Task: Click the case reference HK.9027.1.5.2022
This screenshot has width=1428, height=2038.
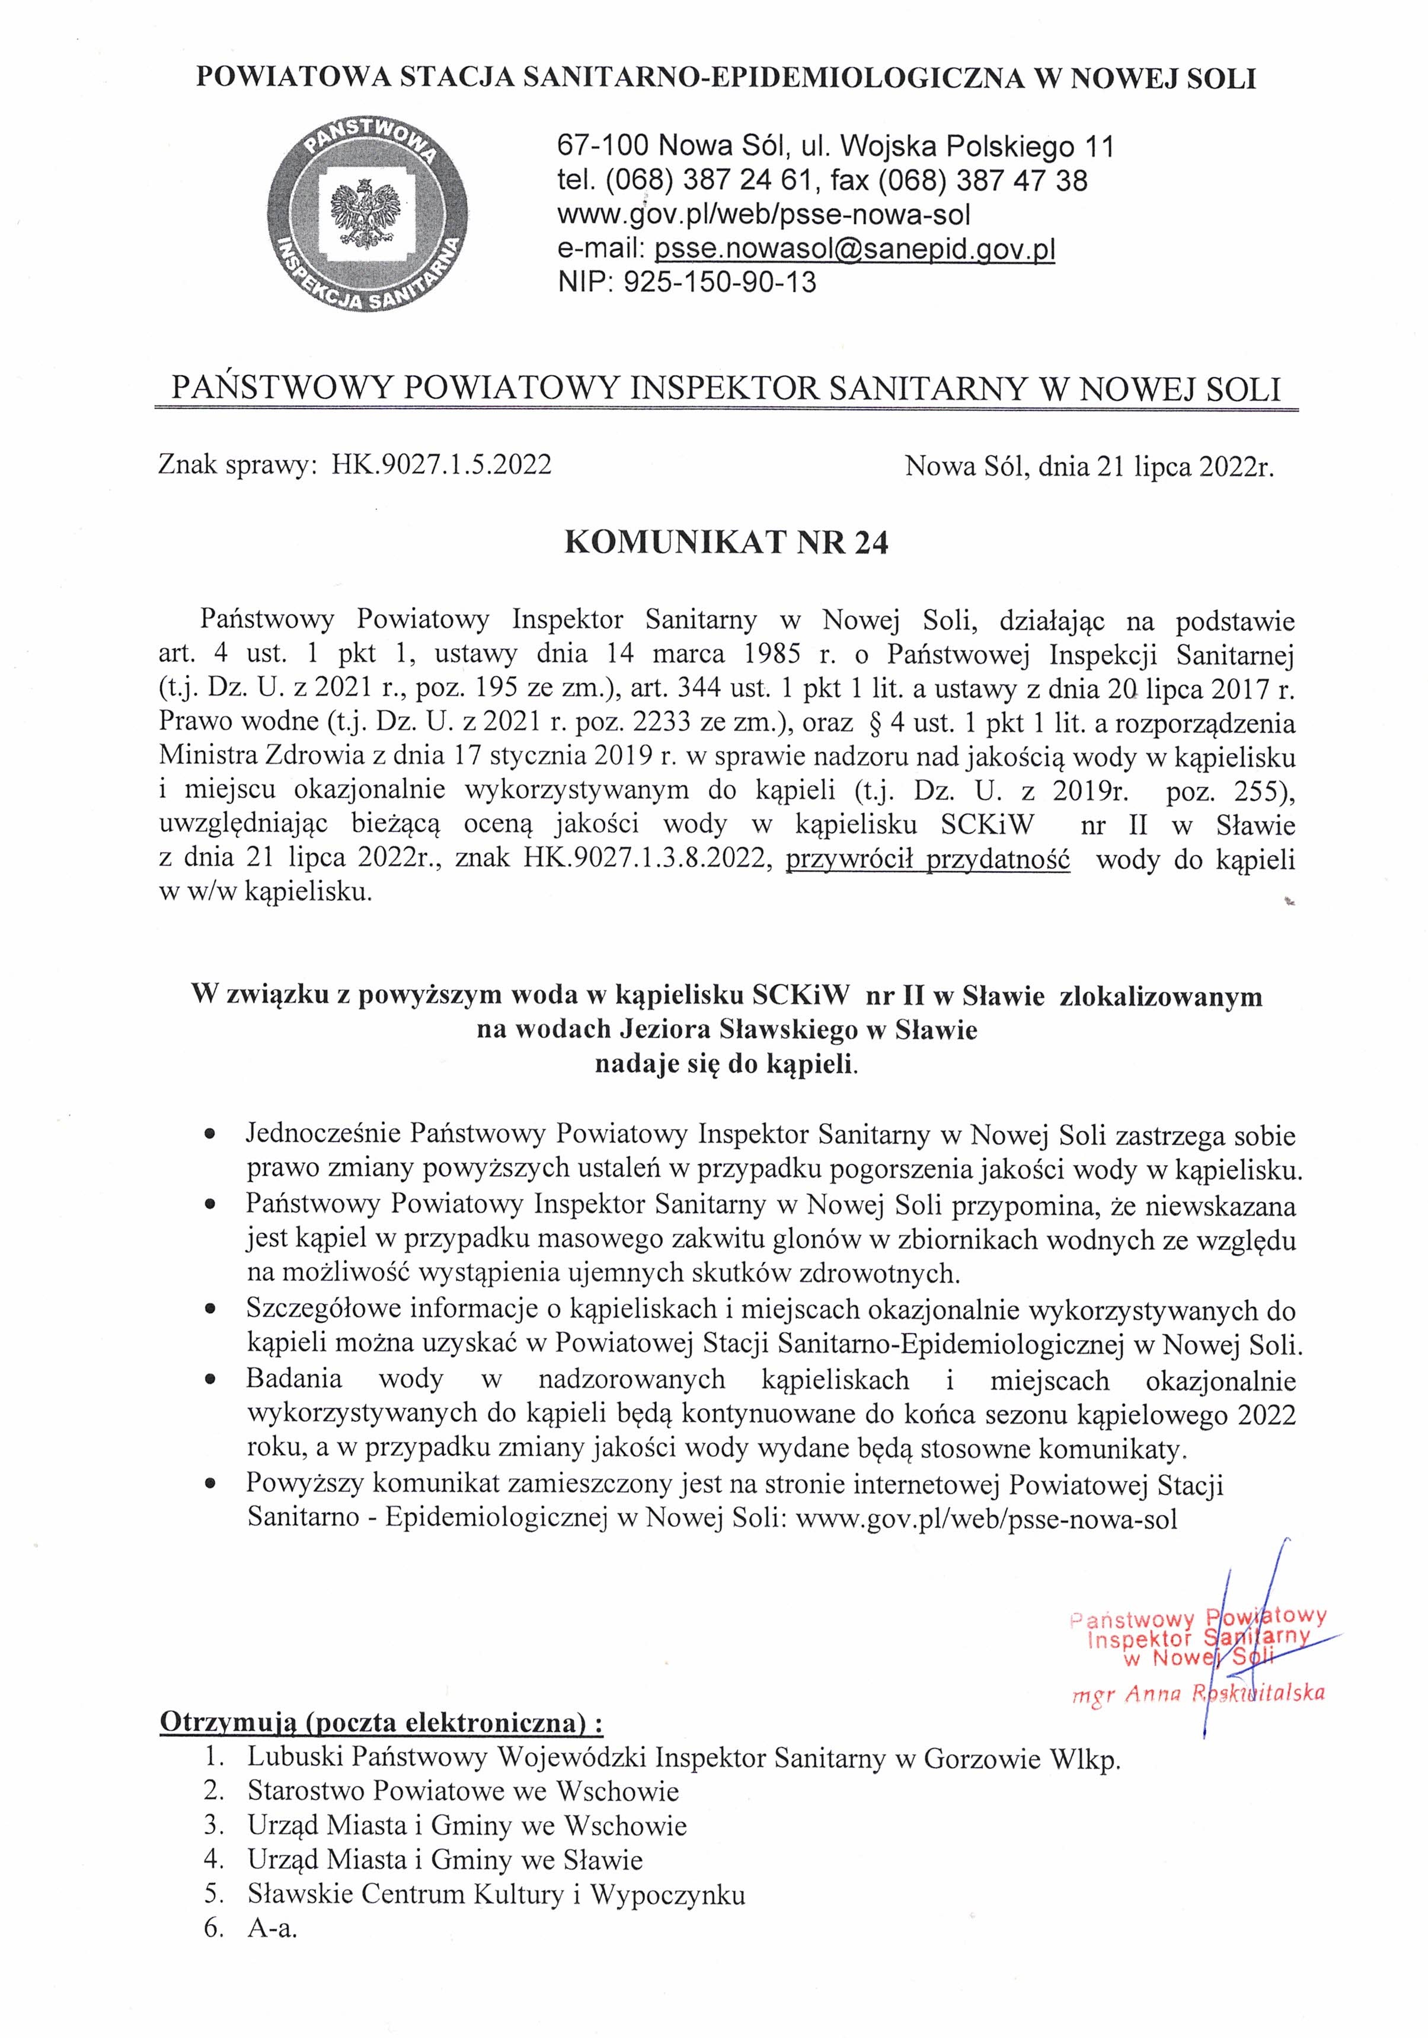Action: point(441,465)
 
